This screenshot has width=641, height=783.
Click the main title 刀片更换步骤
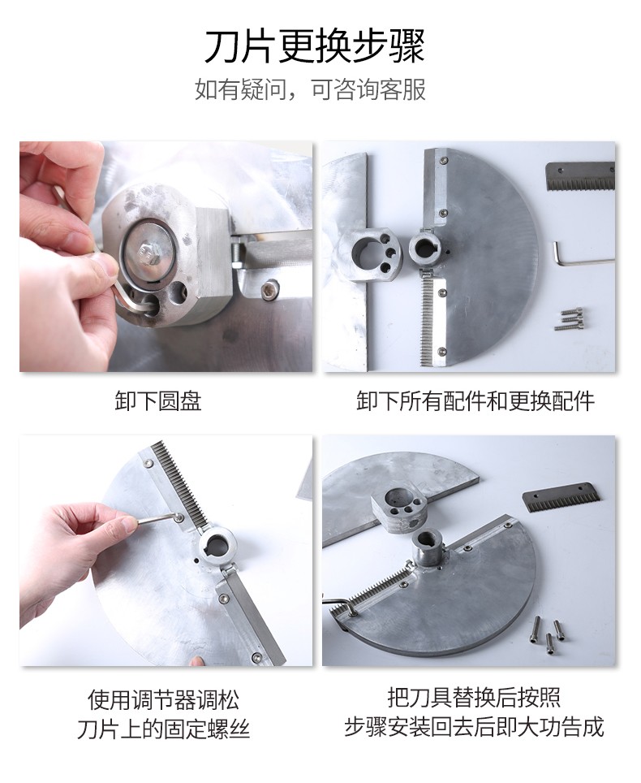point(315,46)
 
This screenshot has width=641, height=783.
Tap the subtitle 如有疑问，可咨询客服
point(310,89)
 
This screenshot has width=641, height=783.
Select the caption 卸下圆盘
point(158,401)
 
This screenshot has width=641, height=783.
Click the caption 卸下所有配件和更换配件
point(475,401)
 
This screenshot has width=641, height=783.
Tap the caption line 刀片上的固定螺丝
point(163,729)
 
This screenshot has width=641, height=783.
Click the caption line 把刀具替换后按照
point(474,698)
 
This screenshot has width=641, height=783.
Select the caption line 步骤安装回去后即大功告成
point(474,727)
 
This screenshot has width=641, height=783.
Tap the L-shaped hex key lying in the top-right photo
point(579,256)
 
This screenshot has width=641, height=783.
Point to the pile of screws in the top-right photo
point(570,319)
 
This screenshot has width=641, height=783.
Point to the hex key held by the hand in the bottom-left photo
point(157,519)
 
